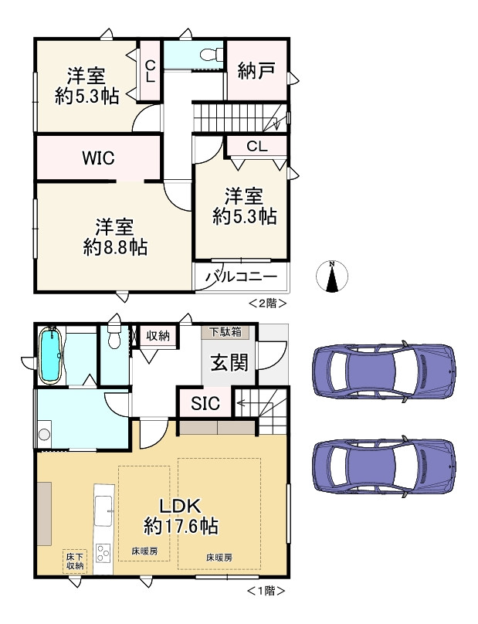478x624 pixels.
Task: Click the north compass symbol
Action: pyautogui.click(x=331, y=276)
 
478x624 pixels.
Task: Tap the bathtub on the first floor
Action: pyautogui.click(x=49, y=355)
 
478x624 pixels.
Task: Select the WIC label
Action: pyautogui.click(x=98, y=158)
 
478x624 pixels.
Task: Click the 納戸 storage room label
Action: pyautogui.click(x=256, y=71)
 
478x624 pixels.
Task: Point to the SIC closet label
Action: pyautogui.click(x=205, y=404)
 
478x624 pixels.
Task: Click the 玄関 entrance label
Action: pyautogui.click(x=229, y=362)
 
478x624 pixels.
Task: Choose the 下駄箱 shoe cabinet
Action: pyautogui.click(x=225, y=332)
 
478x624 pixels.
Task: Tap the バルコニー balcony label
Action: pyautogui.click(x=241, y=277)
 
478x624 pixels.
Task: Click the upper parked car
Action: pyautogui.click(x=385, y=371)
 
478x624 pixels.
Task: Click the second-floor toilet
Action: pyautogui.click(x=210, y=55)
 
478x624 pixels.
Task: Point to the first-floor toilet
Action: pyautogui.click(x=114, y=338)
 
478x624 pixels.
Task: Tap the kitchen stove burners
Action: pyautogui.click(x=103, y=554)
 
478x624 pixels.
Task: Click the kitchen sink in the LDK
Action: pyautogui.click(x=104, y=511)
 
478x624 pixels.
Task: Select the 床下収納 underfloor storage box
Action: pyautogui.click(x=74, y=561)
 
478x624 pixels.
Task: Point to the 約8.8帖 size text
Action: pyautogui.click(x=115, y=248)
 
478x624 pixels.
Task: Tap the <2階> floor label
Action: pyautogui.click(x=267, y=304)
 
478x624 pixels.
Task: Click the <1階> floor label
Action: pyautogui.click(x=266, y=591)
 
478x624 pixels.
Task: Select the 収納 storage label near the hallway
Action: pyautogui.click(x=158, y=336)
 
